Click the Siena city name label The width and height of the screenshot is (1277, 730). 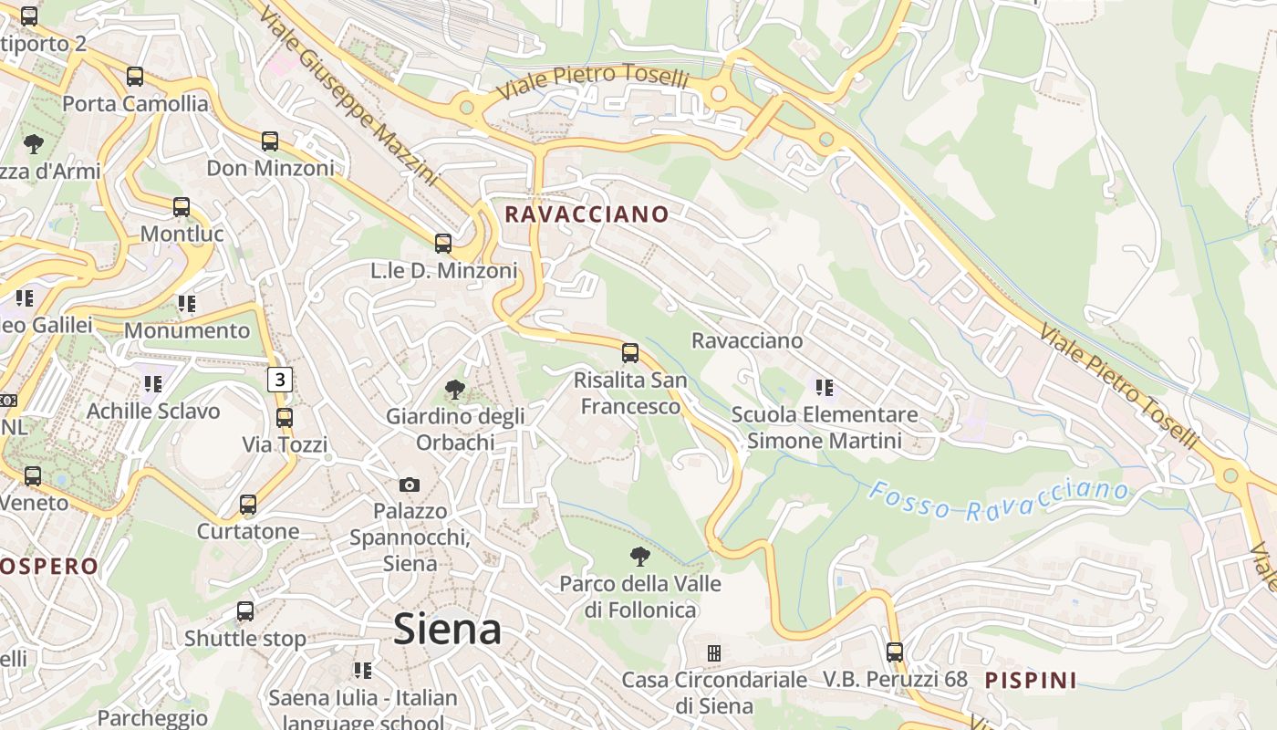point(447,630)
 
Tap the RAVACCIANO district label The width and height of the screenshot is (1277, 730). point(587,214)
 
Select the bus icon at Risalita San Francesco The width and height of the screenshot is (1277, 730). point(629,353)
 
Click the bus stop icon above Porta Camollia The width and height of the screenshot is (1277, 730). point(135,77)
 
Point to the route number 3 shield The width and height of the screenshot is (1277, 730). point(280,380)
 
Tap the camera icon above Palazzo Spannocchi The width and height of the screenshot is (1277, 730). point(410,485)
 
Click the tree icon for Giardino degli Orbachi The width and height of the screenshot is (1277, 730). point(454,391)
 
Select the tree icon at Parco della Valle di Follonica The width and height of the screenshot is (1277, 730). point(640,557)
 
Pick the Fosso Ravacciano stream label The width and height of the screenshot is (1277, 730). point(999,500)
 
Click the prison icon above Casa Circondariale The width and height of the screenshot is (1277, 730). point(714,653)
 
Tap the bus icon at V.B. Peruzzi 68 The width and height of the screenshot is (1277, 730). point(895,652)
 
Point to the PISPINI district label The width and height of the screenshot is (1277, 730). point(1031,680)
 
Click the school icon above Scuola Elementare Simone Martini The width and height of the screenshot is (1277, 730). point(825,388)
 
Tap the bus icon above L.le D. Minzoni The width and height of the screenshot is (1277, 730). point(443,244)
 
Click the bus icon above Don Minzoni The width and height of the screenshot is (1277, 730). point(270,141)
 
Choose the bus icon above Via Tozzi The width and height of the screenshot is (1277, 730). point(285,418)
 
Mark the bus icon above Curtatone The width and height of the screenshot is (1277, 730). point(248,505)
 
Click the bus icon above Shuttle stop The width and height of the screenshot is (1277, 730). point(245,611)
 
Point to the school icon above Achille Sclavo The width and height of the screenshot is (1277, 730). point(153,384)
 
